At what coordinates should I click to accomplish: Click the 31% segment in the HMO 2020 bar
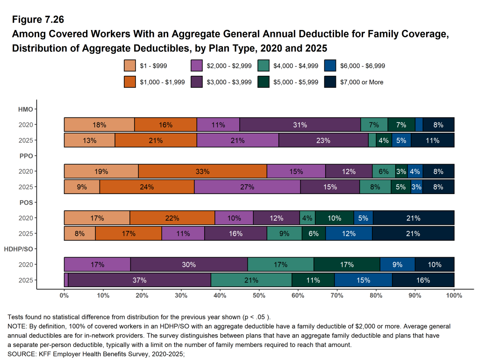[300, 125]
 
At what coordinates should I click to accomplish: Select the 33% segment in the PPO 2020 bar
[202, 171]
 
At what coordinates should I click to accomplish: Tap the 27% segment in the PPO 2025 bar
[247, 187]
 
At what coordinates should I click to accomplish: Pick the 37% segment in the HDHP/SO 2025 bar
[139, 280]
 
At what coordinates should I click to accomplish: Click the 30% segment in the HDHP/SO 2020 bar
[189, 265]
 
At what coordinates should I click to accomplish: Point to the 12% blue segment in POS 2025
[349, 233]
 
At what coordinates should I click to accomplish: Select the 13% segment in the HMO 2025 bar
[89, 140]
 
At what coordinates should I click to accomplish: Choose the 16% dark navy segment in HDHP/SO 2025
[423, 280]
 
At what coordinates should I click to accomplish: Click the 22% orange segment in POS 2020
[172, 218]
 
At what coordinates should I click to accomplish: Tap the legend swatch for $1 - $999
[130, 66]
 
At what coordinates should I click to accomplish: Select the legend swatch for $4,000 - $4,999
[264, 66]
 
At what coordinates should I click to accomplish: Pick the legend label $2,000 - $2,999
[229, 66]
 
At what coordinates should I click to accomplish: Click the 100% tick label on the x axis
[454, 295]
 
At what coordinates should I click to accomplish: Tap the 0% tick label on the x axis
[64, 295]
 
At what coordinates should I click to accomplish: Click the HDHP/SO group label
[18, 249]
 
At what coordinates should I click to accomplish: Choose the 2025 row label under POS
[25, 233]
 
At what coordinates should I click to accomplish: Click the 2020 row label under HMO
[25, 125]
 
